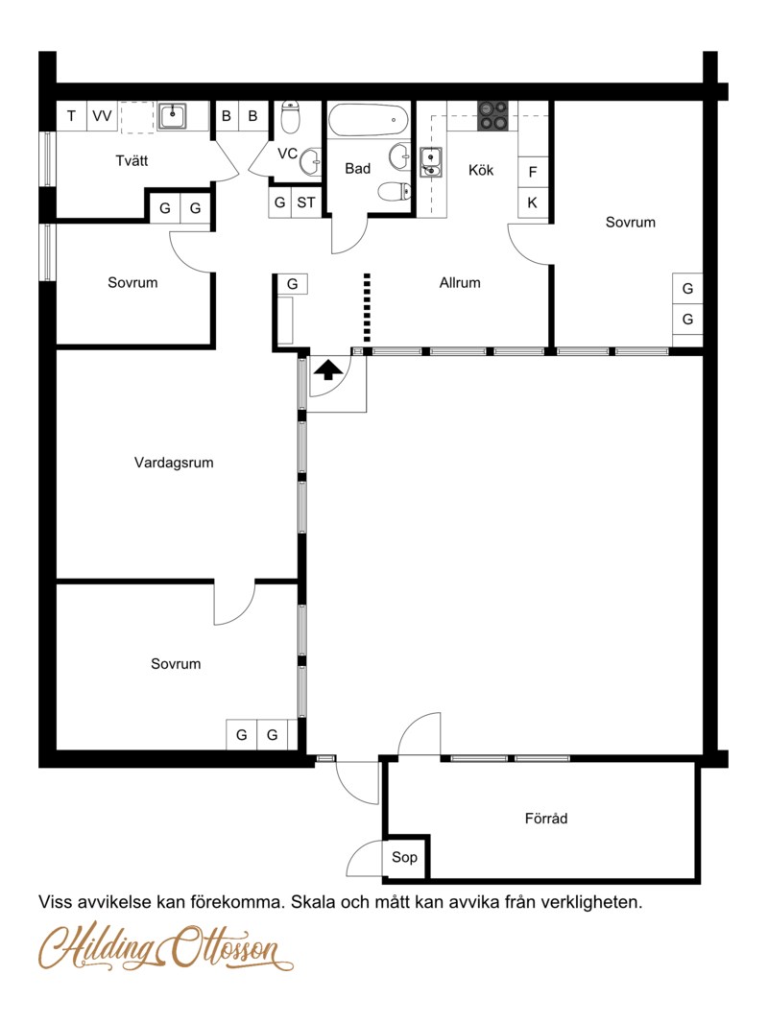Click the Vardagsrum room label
point(174,463)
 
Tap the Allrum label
point(460,282)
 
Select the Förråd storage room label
point(546,819)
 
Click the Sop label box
point(404,857)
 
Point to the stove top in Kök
point(492,115)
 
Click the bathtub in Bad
point(369,120)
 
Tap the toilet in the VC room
point(290,116)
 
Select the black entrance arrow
point(328,369)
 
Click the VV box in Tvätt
point(102,116)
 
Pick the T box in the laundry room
point(71,116)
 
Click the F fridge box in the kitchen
point(533,172)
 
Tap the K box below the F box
point(533,202)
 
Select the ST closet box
point(306,202)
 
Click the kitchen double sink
point(431,162)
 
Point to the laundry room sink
point(172,116)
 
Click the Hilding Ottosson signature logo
point(166,946)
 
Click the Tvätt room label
point(132,160)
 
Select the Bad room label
point(357,168)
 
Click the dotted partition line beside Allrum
point(367,307)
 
